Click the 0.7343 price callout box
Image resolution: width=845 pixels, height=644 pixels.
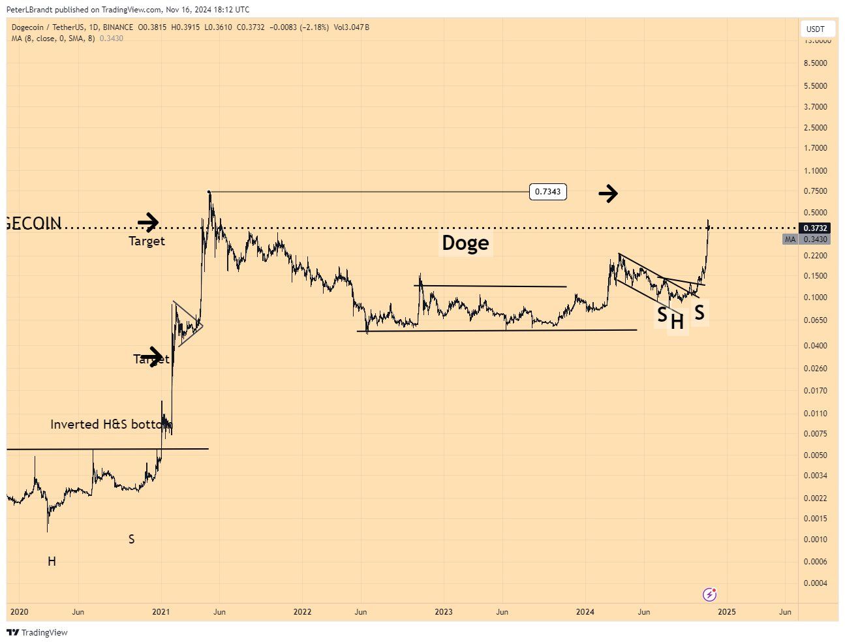(x=547, y=192)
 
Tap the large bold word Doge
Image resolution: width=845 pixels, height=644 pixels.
(x=465, y=243)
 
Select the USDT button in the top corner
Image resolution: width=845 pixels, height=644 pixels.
(x=815, y=29)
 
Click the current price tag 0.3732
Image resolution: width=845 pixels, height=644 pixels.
(x=815, y=228)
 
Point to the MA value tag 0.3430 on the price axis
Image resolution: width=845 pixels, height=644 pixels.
(x=815, y=239)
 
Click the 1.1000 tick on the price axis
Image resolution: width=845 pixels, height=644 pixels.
(x=815, y=171)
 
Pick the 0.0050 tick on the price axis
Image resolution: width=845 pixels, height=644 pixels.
(x=815, y=455)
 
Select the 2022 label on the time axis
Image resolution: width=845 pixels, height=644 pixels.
(x=302, y=612)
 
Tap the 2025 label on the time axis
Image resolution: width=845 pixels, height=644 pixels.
(x=726, y=612)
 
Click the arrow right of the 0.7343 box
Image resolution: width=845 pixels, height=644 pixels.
(x=608, y=193)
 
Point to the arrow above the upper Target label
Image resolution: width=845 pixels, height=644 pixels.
(x=148, y=222)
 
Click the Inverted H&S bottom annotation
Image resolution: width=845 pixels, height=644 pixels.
(x=112, y=424)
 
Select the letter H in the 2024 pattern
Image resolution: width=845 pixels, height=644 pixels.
(x=677, y=322)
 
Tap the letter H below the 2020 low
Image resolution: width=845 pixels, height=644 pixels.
(x=52, y=561)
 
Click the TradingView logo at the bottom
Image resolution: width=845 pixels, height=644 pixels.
(x=37, y=632)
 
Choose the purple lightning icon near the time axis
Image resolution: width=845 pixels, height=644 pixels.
(x=709, y=594)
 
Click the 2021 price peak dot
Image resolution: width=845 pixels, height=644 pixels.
(x=209, y=192)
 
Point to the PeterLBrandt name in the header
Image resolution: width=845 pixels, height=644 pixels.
(x=29, y=10)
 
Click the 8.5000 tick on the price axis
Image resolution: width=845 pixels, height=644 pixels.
(x=815, y=63)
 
